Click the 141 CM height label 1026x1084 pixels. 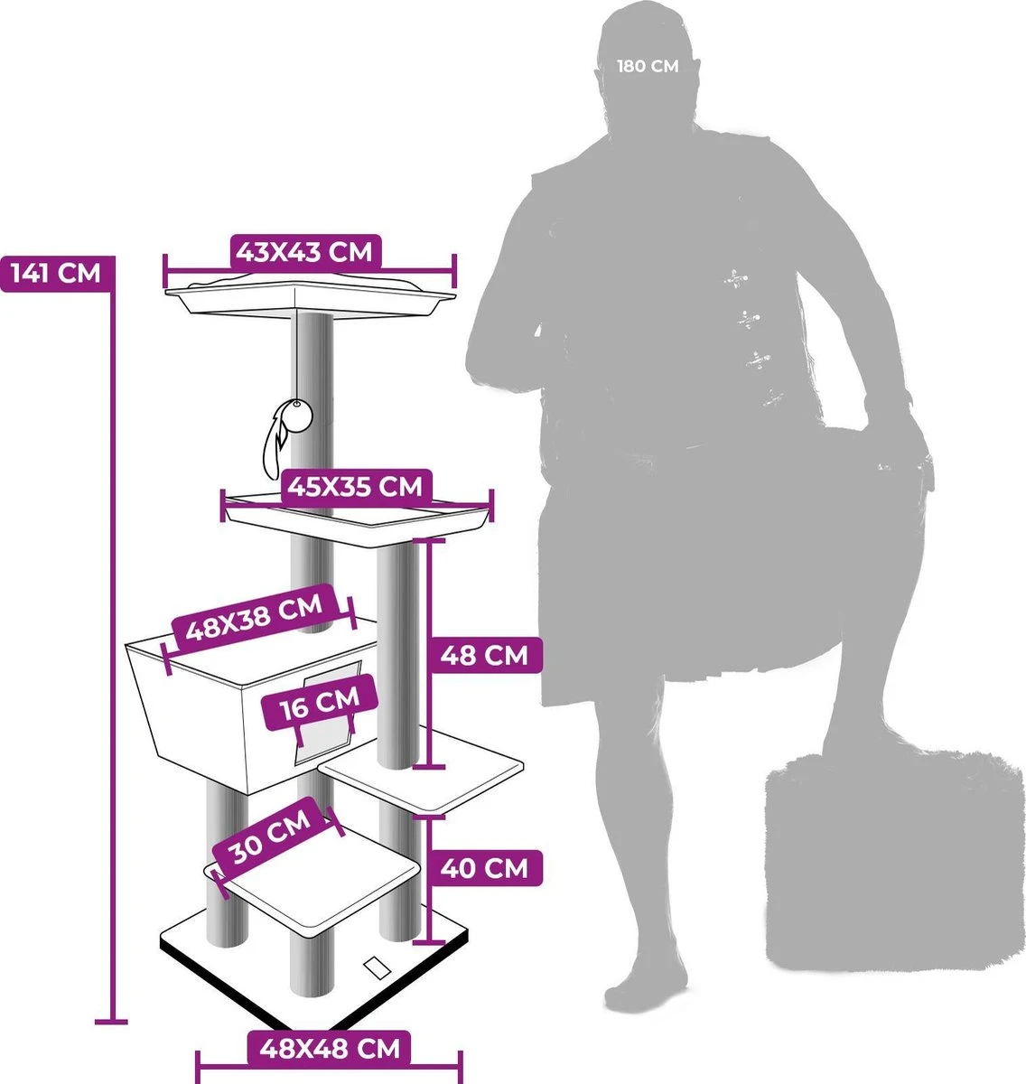click(56, 274)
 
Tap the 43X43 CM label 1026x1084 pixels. click(305, 252)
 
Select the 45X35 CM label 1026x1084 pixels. click(356, 486)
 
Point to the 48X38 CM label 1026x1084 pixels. click(254, 618)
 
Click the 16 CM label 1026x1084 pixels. click(320, 703)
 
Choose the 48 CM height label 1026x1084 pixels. click(484, 656)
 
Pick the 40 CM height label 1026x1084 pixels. click(484, 868)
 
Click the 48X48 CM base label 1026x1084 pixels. click(329, 1048)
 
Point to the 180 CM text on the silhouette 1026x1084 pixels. click(648, 66)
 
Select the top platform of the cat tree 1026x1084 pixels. click(311, 295)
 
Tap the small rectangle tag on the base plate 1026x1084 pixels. click(378, 967)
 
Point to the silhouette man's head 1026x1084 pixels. click(646, 66)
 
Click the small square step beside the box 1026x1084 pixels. click(421, 770)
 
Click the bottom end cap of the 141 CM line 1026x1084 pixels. click(111, 1022)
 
